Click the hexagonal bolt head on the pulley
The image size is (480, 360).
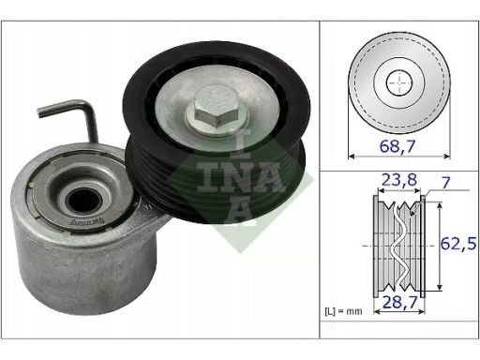tap(217, 109)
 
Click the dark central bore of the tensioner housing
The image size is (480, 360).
tap(83, 201)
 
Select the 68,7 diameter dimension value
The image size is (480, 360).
tap(397, 146)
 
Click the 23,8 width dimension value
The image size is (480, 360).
tap(399, 180)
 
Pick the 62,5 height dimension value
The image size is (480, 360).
tap(458, 244)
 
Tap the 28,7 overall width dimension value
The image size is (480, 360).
tap(400, 302)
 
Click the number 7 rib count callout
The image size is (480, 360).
tap(445, 183)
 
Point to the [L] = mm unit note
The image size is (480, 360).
tap(343, 311)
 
